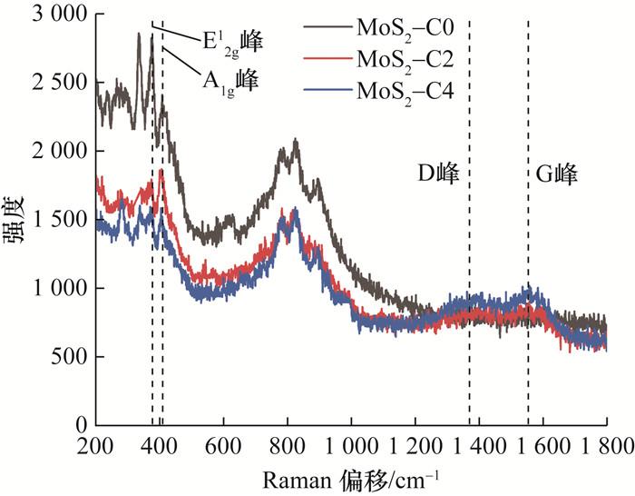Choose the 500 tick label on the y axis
pyautogui.click(x=69, y=356)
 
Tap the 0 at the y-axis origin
pyautogui.click(x=80, y=424)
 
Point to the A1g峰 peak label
pyautogui.click(x=230, y=79)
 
